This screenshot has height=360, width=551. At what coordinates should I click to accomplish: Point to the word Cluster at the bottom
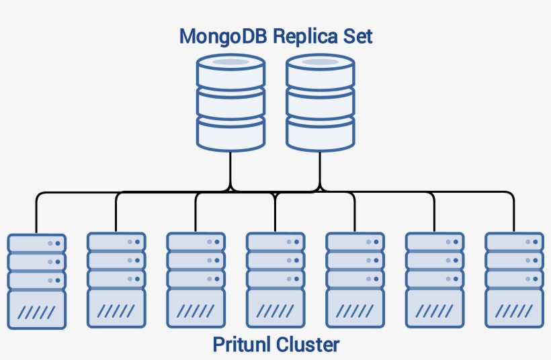coord(306,345)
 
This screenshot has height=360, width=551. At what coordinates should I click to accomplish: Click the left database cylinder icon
coord(230,103)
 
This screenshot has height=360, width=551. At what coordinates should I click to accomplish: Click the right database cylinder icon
coord(320,103)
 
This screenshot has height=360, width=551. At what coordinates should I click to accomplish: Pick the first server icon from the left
coord(36,281)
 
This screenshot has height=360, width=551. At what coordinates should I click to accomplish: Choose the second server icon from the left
coord(116,281)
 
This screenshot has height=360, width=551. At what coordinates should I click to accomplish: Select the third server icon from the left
coord(196,281)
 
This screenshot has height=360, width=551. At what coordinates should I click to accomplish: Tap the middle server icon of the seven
coord(275,281)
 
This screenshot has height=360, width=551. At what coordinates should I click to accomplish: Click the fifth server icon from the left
coord(355,281)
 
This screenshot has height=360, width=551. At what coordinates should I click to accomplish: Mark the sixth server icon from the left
coord(435,281)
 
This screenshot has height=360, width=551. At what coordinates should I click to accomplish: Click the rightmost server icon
coord(514,281)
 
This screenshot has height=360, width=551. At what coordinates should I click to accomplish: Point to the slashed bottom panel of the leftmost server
coord(36,310)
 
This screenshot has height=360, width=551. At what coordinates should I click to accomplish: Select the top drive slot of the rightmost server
coord(514,242)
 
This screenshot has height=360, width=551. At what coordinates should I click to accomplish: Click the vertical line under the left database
coord(230,168)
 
